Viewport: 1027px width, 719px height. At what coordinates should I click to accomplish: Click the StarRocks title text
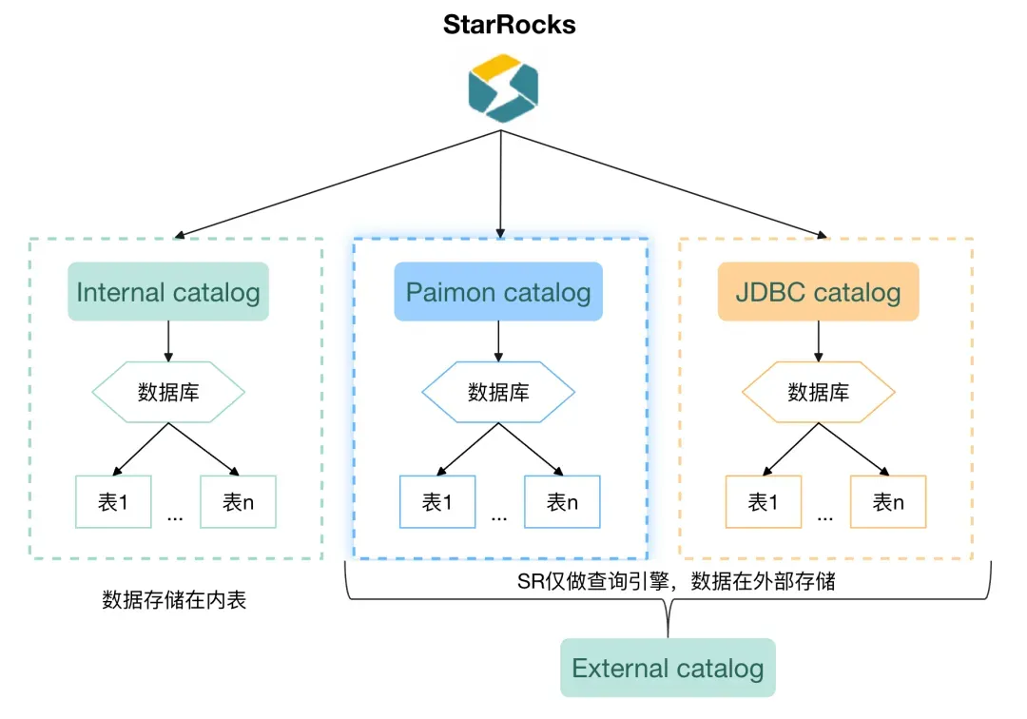pos(509,25)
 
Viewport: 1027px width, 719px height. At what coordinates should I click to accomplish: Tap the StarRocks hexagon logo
pos(503,88)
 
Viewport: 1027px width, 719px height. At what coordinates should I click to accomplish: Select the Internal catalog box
pos(168,292)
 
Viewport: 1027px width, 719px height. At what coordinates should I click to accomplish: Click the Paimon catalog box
pos(498,292)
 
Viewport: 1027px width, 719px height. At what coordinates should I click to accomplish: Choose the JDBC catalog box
pos(818,292)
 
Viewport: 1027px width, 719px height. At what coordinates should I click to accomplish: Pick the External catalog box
pos(668,669)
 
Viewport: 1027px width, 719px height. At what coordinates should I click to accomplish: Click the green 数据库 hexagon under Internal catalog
pos(168,391)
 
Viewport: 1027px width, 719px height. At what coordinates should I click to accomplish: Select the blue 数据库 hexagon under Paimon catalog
pos(498,391)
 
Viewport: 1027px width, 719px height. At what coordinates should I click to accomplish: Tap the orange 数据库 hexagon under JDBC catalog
pos(818,391)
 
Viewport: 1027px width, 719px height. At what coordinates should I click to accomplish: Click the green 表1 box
pos(113,501)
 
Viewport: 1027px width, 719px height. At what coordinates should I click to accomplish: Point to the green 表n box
pos(238,501)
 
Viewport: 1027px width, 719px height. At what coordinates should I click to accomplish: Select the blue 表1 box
pos(436,501)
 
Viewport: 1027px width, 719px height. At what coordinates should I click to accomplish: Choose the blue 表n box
pos(562,501)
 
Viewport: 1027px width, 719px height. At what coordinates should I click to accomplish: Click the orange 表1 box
pos(763,501)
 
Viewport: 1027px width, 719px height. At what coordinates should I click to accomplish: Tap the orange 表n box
pos(888,501)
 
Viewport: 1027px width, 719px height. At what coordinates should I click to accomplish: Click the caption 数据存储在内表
pos(174,600)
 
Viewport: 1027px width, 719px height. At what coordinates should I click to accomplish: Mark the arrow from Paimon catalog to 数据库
pos(498,340)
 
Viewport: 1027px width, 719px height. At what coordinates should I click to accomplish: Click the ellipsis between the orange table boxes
pos(825,516)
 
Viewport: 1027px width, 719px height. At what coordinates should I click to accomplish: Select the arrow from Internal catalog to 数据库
pos(168,340)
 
